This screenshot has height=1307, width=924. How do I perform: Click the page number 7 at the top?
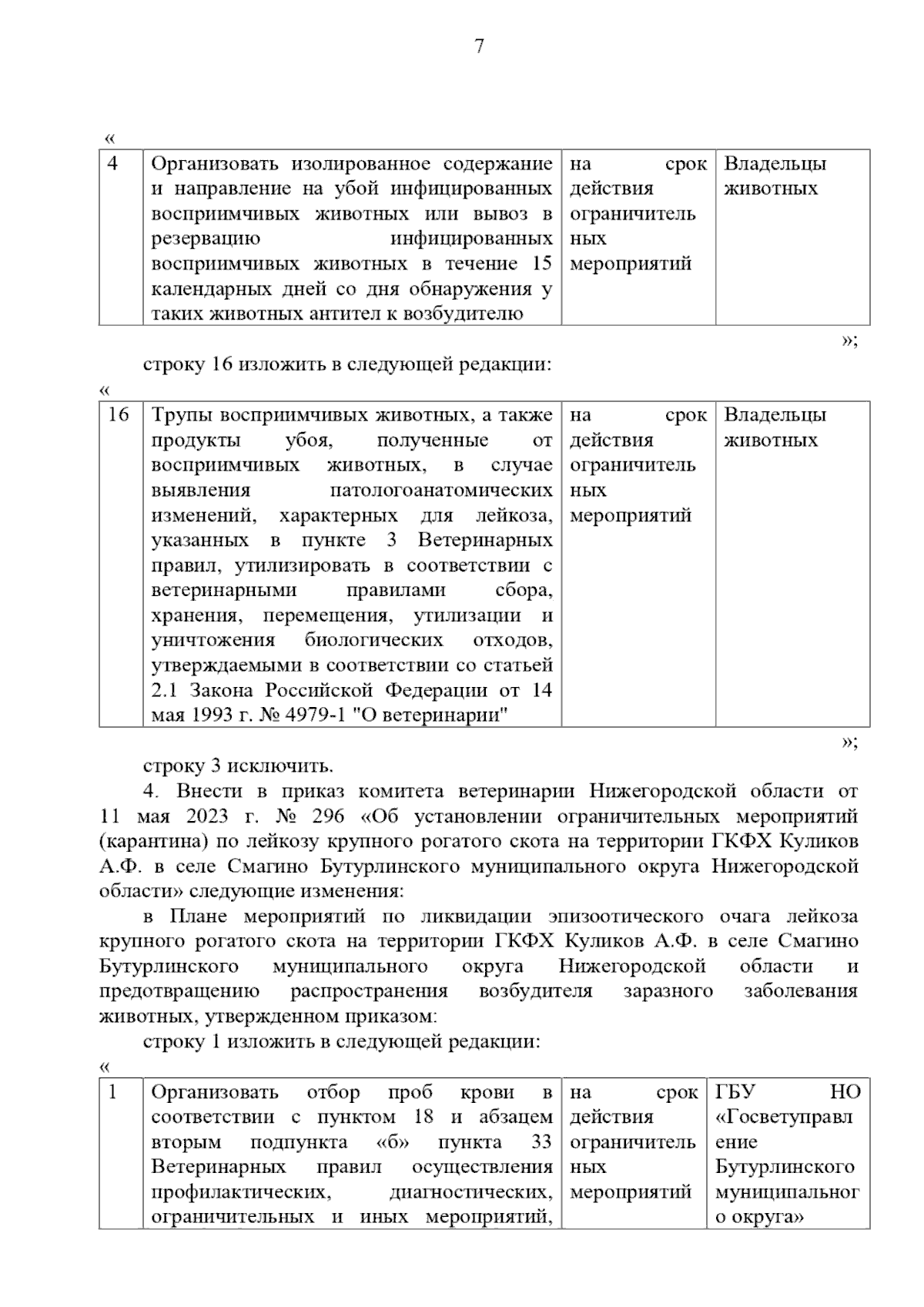click(x=479, y=47)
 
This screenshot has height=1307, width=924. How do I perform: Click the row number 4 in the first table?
click(x=112, y=163)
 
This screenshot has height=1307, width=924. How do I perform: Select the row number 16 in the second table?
click(x=119, y=415)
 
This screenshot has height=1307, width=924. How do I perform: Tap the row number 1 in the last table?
click(x=112, y=1092)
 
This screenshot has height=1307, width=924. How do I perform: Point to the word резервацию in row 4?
click(x=206, y=239)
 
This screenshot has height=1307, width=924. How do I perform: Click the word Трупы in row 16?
click(x=182, y=415)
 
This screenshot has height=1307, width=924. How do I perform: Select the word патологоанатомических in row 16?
click(x=441, y=491)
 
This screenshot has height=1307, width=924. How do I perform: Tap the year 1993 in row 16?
click(x=204, y=715)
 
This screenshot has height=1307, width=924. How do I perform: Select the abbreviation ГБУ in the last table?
click(x=735, y=1092)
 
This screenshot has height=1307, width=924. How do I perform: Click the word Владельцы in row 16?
click(x=775, y=415)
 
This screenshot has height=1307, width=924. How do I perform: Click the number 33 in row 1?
click(x=541, y=1142)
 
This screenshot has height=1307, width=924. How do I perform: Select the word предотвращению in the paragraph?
click(x=179, y=991)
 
